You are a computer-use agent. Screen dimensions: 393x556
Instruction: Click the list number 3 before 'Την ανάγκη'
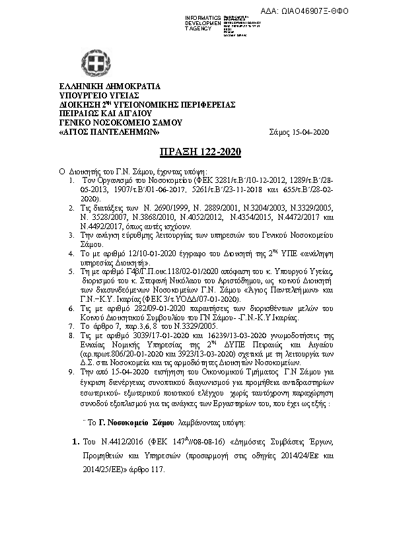72,234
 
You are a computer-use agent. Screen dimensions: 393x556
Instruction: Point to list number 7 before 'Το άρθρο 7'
72,326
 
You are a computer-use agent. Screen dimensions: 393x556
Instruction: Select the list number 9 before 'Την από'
72,372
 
